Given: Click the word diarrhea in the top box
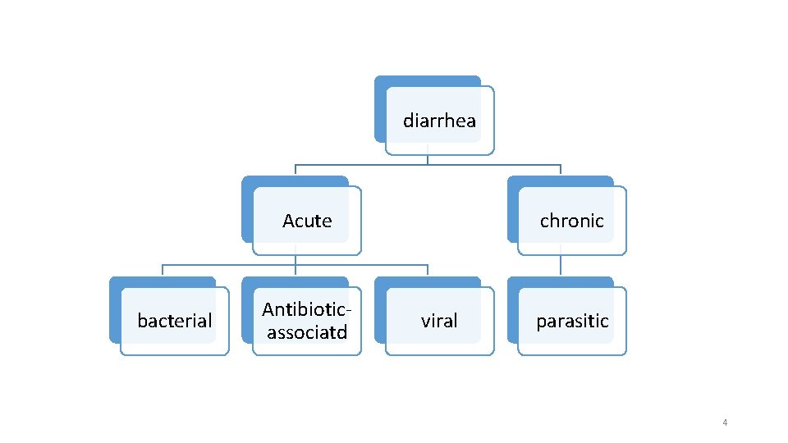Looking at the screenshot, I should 439,121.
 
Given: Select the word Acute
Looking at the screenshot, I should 307,221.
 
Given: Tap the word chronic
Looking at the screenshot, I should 571,221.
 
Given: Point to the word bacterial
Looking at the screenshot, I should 175,321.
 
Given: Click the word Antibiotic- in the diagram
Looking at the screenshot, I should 307,310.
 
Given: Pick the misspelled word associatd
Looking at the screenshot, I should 307,332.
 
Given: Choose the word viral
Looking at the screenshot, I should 439,321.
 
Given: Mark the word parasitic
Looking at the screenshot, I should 572,321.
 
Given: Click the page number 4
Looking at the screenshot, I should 725,422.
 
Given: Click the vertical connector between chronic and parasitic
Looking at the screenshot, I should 561,264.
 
